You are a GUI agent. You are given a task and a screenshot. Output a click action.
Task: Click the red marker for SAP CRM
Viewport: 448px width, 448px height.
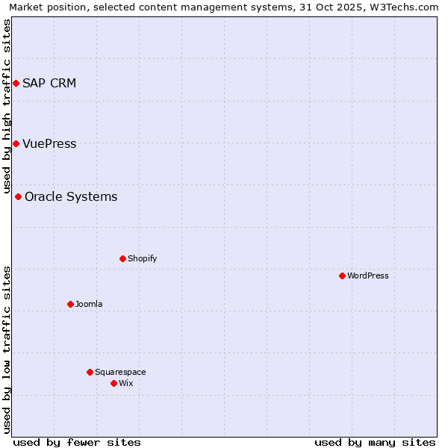point(16,83)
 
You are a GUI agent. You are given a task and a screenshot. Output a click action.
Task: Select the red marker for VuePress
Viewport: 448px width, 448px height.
point(16,143)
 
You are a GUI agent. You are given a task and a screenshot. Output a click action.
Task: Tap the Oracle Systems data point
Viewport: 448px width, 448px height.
point(19,196)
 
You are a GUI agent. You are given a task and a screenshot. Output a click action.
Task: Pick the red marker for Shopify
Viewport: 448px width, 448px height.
point(122,258)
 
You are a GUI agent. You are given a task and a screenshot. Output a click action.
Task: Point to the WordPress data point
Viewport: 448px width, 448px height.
point(342,276)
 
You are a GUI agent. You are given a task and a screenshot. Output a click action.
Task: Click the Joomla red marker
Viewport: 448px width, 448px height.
point(70,304)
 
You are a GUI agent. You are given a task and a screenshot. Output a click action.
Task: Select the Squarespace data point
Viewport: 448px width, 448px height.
point(90,372)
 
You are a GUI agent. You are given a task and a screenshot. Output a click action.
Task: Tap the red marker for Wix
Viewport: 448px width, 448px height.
point(113,383)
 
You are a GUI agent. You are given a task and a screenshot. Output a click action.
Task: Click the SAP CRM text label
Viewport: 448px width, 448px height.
point(49,83)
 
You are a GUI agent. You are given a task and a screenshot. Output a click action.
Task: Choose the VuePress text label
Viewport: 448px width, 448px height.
point(49,143)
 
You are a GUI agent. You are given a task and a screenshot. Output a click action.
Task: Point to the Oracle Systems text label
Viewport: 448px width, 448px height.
point(71,196)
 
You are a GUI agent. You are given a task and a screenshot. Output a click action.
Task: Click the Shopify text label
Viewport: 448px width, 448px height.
point(142,258)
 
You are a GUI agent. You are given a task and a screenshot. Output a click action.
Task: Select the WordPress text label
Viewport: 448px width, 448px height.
point(368,276)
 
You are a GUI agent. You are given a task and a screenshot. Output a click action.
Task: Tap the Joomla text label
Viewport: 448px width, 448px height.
point(89,304)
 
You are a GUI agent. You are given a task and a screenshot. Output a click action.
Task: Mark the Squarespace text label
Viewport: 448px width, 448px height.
point(120,372)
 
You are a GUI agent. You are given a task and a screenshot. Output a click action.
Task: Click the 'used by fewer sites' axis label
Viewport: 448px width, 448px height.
point(77,442)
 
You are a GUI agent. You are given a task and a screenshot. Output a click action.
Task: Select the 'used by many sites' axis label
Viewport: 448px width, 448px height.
point(375,442)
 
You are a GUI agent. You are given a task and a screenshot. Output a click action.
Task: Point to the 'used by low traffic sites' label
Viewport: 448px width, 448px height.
point(7,349)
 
